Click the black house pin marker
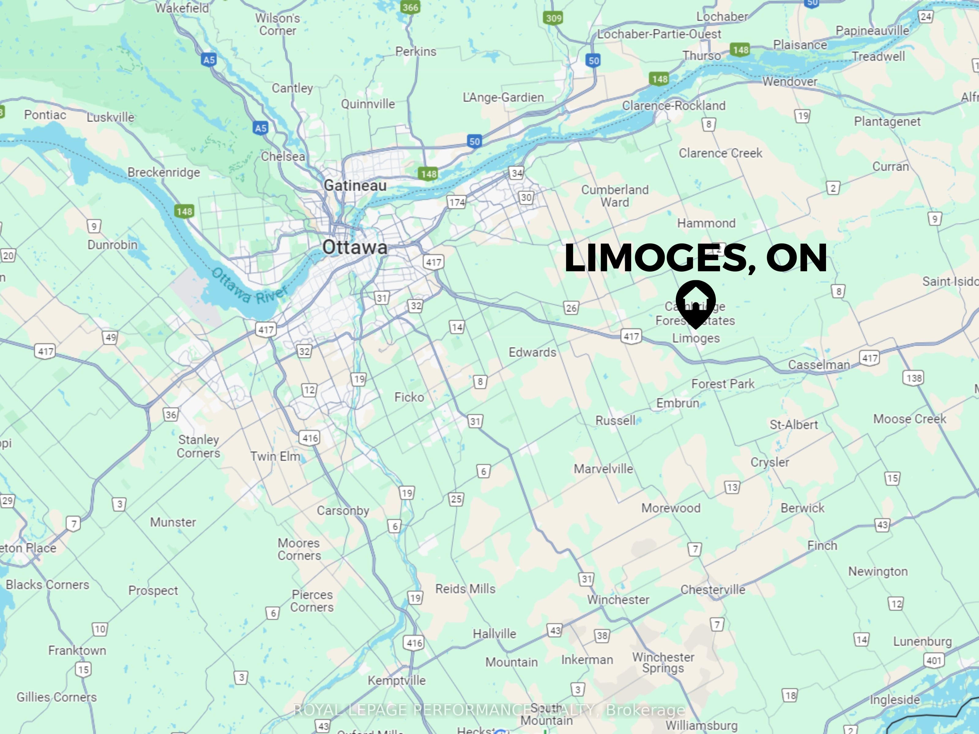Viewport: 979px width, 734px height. (x=696, y=302)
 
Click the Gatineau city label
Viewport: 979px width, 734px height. (x=355, y=185)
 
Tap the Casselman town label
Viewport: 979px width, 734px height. (x=819, y=365)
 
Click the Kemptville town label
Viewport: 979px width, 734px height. (x=396, y=680)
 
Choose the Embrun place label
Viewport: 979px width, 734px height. (x=678, y=403)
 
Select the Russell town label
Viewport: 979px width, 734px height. (x=615, y=420)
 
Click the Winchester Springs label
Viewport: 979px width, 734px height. (x=663, y=662)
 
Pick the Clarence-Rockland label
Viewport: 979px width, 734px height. (x=674, y=106)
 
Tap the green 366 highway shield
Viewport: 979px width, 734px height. (x=410, y=7)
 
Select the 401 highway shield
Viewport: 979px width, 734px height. (x=934, y=661)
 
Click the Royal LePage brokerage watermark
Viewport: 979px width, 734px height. (x=489, y=710)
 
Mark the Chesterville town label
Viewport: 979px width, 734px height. (x=713, y=590)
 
